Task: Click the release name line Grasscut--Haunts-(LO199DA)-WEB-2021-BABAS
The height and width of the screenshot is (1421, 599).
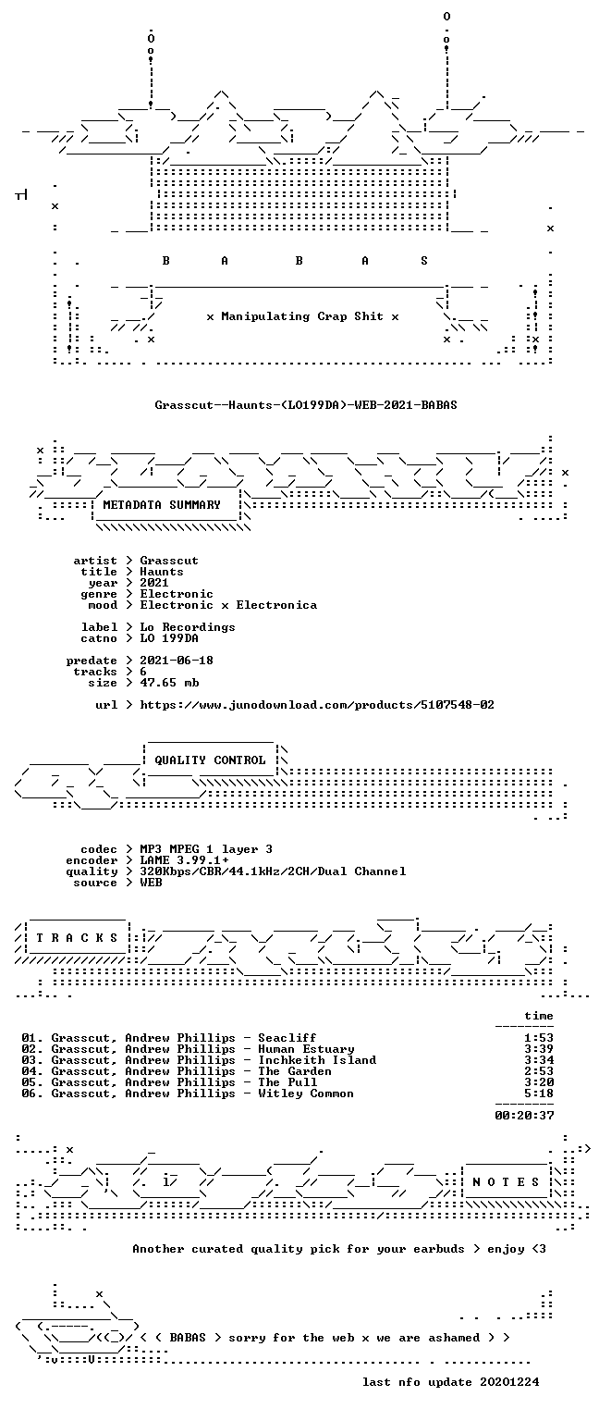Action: (306, 404)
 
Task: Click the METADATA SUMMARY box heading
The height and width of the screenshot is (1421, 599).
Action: (162, 505)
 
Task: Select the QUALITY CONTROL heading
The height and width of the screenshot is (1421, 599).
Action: (210, 760)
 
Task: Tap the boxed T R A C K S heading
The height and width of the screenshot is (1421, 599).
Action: (77, 937)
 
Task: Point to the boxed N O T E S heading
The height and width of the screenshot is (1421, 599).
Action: (506, 1181)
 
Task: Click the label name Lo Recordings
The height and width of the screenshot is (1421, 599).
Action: (188, 627)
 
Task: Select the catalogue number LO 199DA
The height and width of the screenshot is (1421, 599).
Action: (169, 638)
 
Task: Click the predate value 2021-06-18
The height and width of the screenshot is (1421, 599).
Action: (177, 661)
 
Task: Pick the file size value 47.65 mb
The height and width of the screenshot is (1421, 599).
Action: (169, 683)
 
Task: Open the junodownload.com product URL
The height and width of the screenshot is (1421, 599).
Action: (317, 705)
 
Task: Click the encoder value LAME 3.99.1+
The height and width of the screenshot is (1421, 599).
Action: (185, 860)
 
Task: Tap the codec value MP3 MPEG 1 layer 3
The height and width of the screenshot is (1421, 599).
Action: (207, 849)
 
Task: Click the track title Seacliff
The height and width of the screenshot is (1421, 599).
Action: (287, 1038)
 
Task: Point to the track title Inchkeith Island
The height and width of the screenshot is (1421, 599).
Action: (317, 1060)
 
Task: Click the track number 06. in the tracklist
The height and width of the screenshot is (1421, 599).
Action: (32, 1094)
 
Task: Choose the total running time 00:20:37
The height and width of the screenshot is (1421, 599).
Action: (524, 1115)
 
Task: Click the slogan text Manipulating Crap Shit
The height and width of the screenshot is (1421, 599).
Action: (302, 316)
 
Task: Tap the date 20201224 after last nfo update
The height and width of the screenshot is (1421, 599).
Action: (509, 1381)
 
